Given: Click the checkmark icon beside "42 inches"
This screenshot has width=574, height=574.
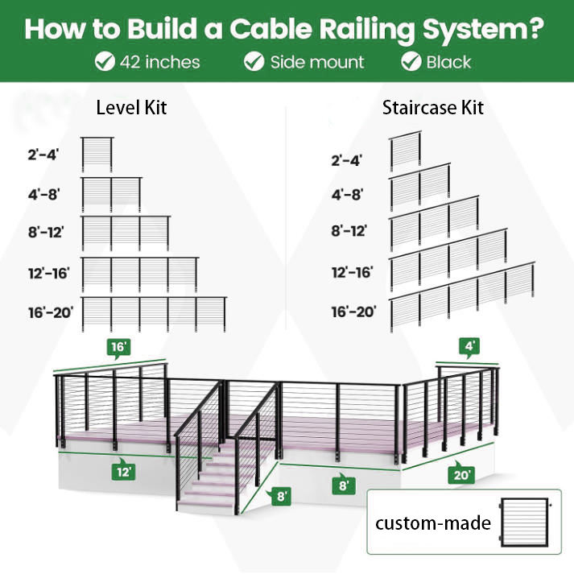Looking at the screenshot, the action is point(105,61).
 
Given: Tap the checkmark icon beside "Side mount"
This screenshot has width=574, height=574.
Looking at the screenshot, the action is point(254,61).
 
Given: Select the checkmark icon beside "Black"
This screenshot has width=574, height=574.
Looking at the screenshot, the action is point(411,61).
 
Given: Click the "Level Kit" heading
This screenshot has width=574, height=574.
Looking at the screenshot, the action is point(131,108).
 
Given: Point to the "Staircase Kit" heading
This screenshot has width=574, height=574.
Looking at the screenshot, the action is point(433,108).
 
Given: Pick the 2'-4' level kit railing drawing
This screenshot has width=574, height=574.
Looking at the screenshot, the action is point(97,154).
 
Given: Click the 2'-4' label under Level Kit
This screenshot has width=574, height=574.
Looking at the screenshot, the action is point(43,155).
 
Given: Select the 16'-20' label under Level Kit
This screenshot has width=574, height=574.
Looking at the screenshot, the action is point(51,312).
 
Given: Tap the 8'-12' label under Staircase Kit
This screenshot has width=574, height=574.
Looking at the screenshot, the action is point(349,231).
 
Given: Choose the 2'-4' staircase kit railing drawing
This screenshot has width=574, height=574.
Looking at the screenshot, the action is point(405,151).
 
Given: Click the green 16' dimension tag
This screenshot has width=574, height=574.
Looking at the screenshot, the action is point(119,348).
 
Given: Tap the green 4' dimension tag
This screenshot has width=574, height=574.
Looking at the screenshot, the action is point(470,346).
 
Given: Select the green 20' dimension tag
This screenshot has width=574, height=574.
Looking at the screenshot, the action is point(461,474).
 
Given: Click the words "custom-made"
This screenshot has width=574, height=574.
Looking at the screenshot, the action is point(433,523).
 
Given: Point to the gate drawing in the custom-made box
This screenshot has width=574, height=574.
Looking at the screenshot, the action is point(526,522).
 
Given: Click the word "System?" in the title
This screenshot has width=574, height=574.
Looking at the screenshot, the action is point(483,29).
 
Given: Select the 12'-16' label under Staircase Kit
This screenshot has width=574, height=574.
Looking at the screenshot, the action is point(352,273).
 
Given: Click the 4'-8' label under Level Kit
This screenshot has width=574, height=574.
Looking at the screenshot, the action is point(43,194).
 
